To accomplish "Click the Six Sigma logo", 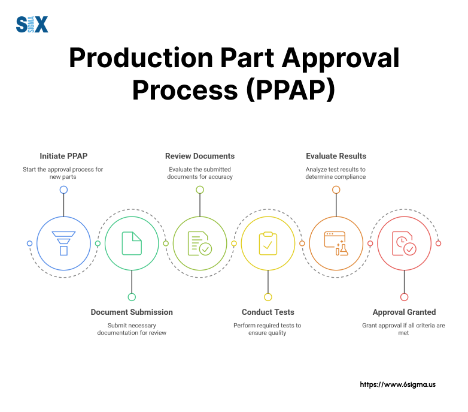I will pyautogui.click(x=32, y=25).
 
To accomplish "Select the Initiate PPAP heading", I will pyautogui.click(x=63, y=156).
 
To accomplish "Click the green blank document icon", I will pyautogui.click(x=132, y=243).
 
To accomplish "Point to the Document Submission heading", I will pyautogui.click(x=132, y=312).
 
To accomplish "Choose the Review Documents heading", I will pyautogui.click(x=200, y=156).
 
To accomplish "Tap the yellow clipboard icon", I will pyautogui.click(x=268, y=243).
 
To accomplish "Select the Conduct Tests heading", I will pyautogui.click(x=268, y=312).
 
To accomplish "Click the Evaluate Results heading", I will pyautogui.click(x=336, y=156).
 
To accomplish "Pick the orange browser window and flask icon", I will pyautogui.click(x=336, y=243).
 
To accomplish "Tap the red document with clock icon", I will pyautogui.click(x=404, y=243).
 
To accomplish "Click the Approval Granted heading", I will pyautogui.click(x=404, y=312).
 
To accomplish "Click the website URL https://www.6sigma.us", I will pyautogui.click(x=397, y=384).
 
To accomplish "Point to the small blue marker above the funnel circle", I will pyautogui.click(x=63, y=190).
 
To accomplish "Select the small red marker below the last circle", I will pyautogui.click(x=404, y=297).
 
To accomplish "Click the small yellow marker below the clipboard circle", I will pyautogui.click(x=268, y=297).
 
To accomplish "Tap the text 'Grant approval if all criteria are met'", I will pyautogui.click(x=404, y=329).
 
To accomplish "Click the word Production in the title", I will pyautogui.click(x=142, y=59).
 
